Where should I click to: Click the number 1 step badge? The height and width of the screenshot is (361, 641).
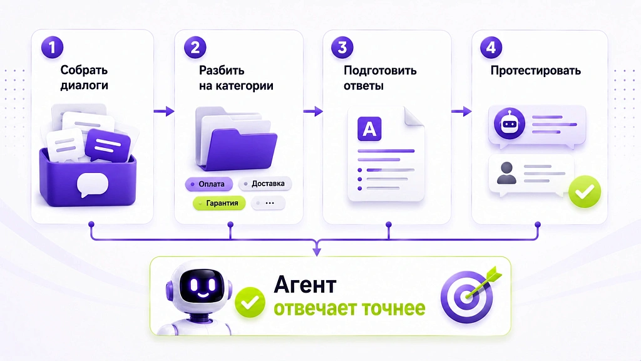(x=53, y=48)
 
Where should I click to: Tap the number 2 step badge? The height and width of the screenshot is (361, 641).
(x=195, y=48)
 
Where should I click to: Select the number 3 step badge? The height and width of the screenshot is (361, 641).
(x=342, y=48)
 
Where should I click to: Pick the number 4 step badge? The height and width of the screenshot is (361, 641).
(x=491, y=48)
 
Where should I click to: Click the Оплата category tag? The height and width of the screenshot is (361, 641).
(x=209, y=184)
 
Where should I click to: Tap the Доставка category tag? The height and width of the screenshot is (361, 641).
(x=265, y=184)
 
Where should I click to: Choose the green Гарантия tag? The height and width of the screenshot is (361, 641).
(x=219, y=203)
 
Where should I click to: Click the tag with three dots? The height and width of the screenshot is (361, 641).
(x=268, y=203)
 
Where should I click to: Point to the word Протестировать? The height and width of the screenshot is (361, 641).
(x=536, y=70)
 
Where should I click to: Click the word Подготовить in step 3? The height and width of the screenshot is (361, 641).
(x=380, y=70)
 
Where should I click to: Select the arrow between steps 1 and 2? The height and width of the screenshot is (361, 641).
(x=164, y=111)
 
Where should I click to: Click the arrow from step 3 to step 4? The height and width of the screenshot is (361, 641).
(x=461, y=111)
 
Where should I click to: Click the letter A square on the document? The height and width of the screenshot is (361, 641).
(x=369, y=129)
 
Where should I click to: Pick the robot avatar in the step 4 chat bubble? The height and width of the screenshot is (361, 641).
(x=510, y=123)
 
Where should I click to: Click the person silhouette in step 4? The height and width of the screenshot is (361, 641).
(x=506, y=173)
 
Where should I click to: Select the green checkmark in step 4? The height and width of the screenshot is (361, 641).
(x=585, y=192)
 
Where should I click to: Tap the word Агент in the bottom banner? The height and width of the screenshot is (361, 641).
(x=305, y=285)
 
